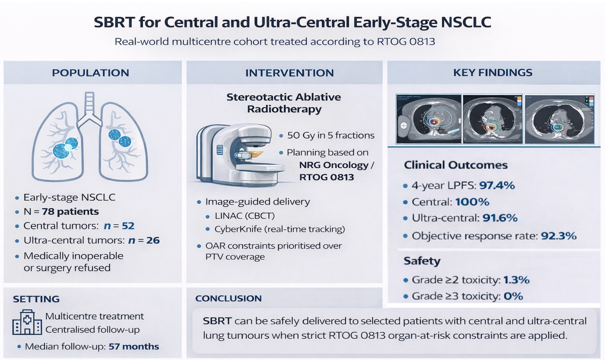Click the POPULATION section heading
pos(90,73)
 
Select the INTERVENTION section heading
pos(289,73)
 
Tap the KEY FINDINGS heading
pos(493,73)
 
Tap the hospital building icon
pos(27,323)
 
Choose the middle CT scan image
pos(493,119)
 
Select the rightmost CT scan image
pos(560,119)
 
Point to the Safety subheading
pos(422,261)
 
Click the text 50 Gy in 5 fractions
pos(330,135)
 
